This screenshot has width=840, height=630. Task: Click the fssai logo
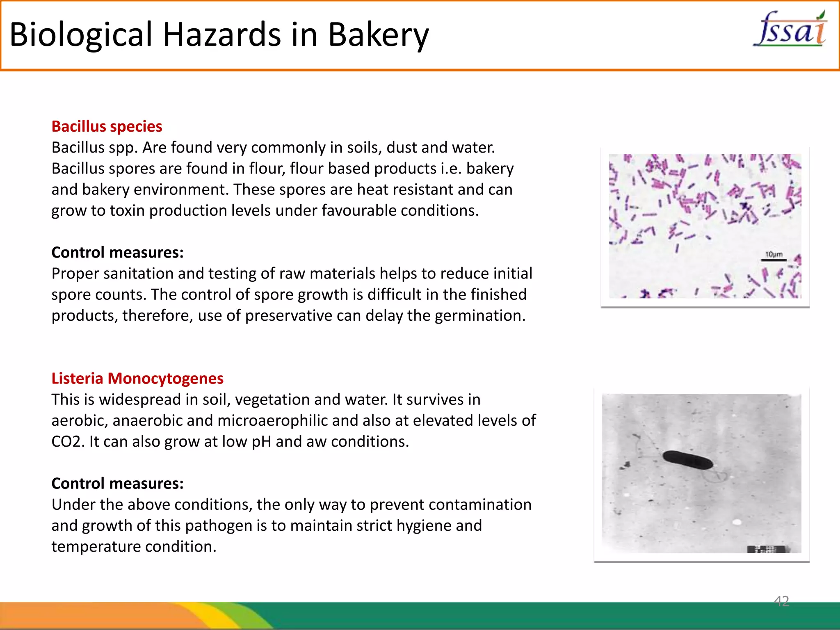[790, 29]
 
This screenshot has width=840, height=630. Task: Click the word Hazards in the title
[222, 34]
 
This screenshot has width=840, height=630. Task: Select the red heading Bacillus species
[107, 126]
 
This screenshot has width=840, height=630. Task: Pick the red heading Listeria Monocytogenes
[137, 378]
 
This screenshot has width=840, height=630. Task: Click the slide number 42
[781, 601]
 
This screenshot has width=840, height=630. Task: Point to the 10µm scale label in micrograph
[774, 254]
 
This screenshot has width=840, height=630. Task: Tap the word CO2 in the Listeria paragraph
[67, 442]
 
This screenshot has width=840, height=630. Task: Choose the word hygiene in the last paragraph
[424, 526]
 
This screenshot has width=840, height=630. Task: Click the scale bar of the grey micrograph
[767, 549]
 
